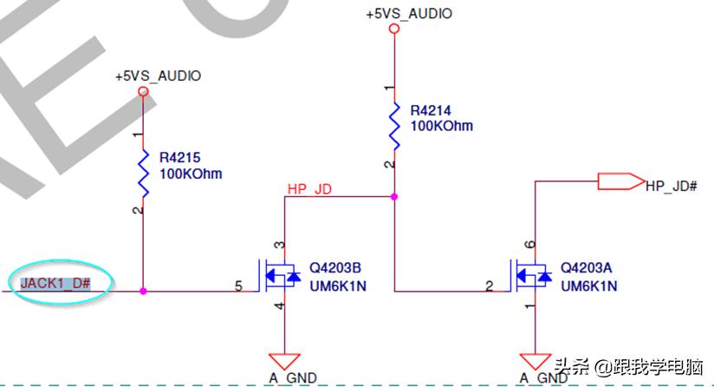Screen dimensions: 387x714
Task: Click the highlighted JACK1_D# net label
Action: [57, 283]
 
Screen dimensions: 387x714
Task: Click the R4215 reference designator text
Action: [180, 158]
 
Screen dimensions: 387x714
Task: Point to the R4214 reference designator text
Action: [432, 111]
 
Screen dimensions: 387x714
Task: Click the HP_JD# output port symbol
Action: [620, 182]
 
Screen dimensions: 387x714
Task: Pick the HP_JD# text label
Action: [672, 185]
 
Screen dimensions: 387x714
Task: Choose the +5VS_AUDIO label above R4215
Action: [158, 76]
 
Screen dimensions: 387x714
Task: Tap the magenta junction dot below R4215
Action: [143, 292]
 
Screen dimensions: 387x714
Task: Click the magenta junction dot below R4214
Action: [394, 197]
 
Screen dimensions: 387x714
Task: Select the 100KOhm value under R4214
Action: [442, 126]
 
